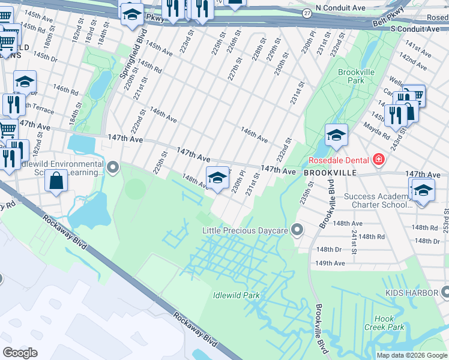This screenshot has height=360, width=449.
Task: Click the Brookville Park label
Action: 351,76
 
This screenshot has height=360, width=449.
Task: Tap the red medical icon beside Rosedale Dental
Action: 378,160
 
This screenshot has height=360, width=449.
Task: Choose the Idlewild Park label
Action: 236,295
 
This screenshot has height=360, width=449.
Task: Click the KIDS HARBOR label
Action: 411,292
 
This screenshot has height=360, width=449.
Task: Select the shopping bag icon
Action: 56,181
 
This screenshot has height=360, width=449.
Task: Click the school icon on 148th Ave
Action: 217,177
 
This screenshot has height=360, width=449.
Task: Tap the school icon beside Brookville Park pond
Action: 336,135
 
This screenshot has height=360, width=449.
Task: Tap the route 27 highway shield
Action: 307,13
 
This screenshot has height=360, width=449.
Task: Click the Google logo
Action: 20,353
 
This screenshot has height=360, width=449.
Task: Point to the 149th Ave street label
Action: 331,263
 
